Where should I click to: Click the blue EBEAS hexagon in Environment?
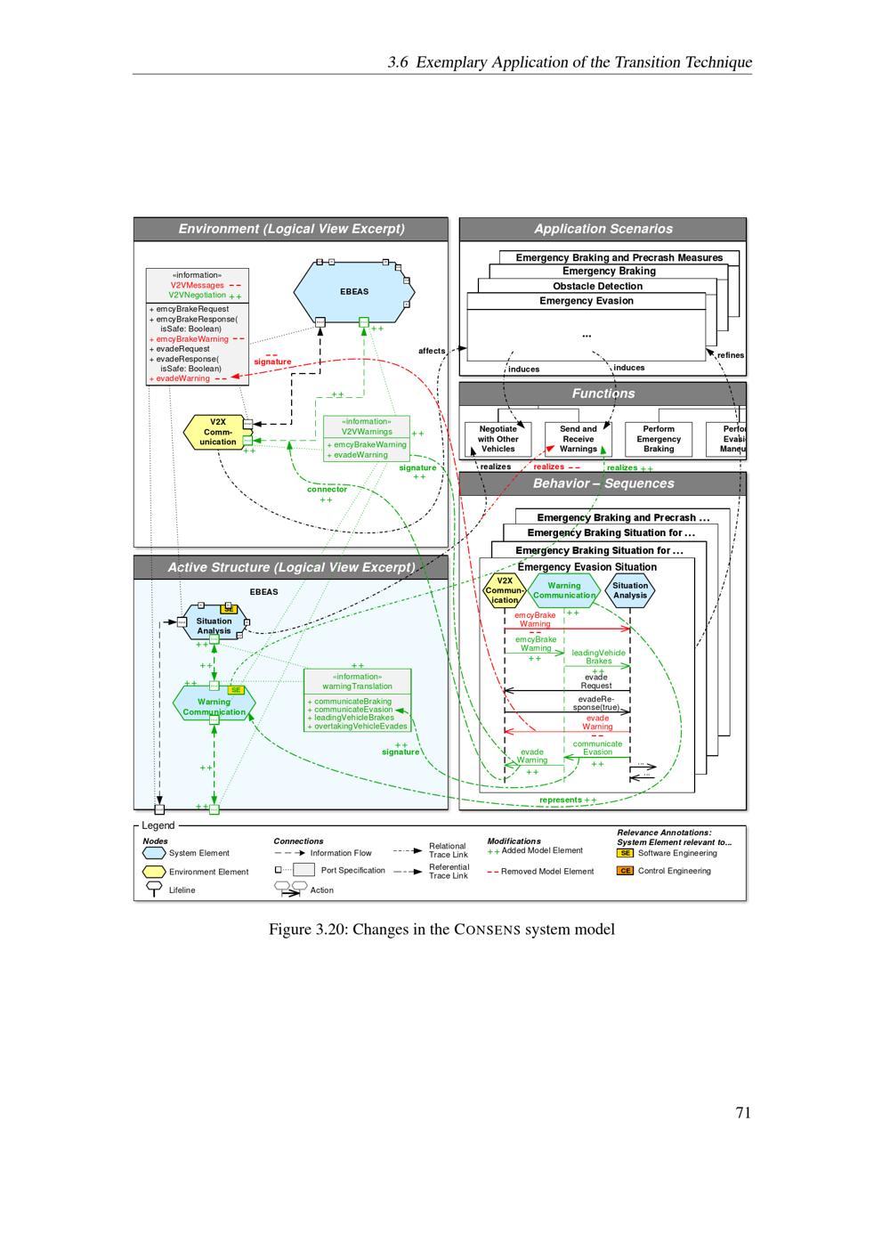click(354, 291)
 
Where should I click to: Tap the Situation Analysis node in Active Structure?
click(214, 626)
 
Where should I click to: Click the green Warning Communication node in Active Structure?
click(214, 706)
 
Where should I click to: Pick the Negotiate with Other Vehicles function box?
click(498, 439)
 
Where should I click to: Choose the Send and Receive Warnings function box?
click(578, 439)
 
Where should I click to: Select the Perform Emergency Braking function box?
click(659, 439)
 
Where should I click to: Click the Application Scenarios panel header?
click(603, 229)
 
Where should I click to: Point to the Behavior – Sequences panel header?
click(603, 483)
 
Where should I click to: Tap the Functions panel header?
click(603, 394)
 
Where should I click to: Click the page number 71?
click(743, 1112)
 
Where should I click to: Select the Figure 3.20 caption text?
click(441, 930)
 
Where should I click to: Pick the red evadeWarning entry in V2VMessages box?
click(182, 378)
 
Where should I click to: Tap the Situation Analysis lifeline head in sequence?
click(630, 590)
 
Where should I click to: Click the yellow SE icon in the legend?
click(626, 853)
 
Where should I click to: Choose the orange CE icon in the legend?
click(626, 871)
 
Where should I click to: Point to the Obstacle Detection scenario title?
click(597, 286)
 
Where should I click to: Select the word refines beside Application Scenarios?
click(730, 355)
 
